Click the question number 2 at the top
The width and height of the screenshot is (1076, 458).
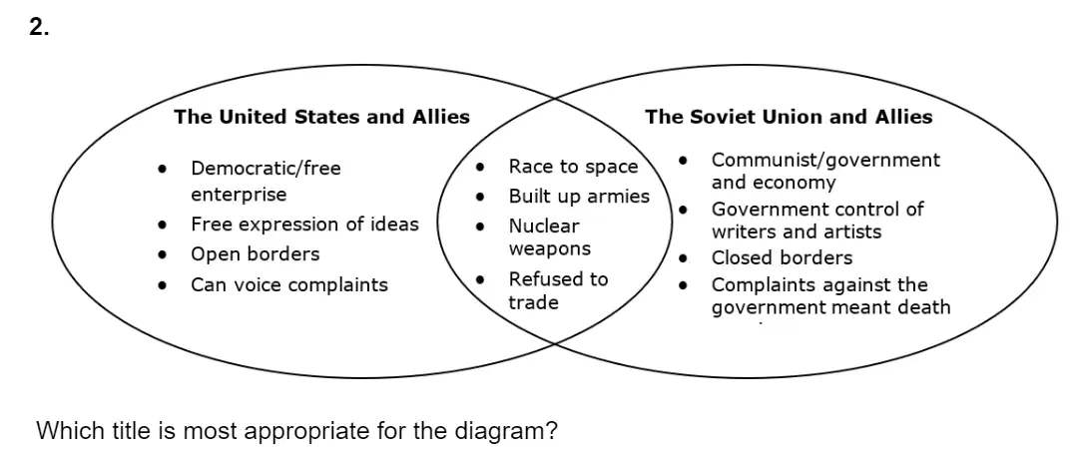pos(39,27)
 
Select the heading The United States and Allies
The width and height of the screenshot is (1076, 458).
pos(321,117)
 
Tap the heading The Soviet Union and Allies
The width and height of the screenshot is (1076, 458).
pos(789,117)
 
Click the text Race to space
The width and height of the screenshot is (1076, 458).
pos(573,167)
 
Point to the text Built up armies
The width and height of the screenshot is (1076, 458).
pos(579,197)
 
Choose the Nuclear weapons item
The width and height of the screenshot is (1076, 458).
pos(549,236)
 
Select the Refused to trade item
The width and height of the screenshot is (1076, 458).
pos(558,290)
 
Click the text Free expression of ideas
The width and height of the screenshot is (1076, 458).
pos(304,225)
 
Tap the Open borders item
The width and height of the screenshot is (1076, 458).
pos(256,254)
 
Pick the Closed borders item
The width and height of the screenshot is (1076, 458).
pos(782,257)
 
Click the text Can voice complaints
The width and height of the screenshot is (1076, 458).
pos(288,284)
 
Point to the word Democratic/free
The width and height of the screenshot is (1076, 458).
pos(266,168)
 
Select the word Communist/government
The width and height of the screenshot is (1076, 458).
pos(825,161)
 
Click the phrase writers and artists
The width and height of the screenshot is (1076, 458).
pos(797,231)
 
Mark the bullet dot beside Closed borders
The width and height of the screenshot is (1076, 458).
pos(684,258)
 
